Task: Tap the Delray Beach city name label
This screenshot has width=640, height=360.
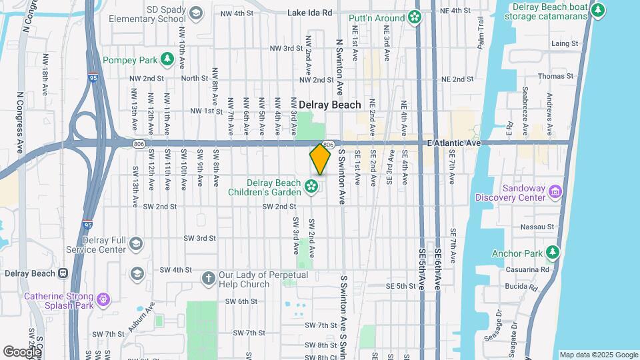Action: [329, 105]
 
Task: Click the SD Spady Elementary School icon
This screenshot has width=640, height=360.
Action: [195, 13]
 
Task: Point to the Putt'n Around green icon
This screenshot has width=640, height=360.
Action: [415, 17]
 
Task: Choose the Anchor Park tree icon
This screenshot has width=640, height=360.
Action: [551, 253]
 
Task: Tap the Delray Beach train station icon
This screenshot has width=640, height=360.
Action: [63, 273]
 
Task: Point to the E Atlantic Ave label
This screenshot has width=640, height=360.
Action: [454, 143]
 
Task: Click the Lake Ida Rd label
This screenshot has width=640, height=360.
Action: [309, 13]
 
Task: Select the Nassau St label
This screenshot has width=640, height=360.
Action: [541, 227]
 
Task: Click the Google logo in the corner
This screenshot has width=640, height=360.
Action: [22, 351]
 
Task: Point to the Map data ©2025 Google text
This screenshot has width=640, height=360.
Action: [598, 355]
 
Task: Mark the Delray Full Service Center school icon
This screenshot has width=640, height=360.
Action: [137, 243]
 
